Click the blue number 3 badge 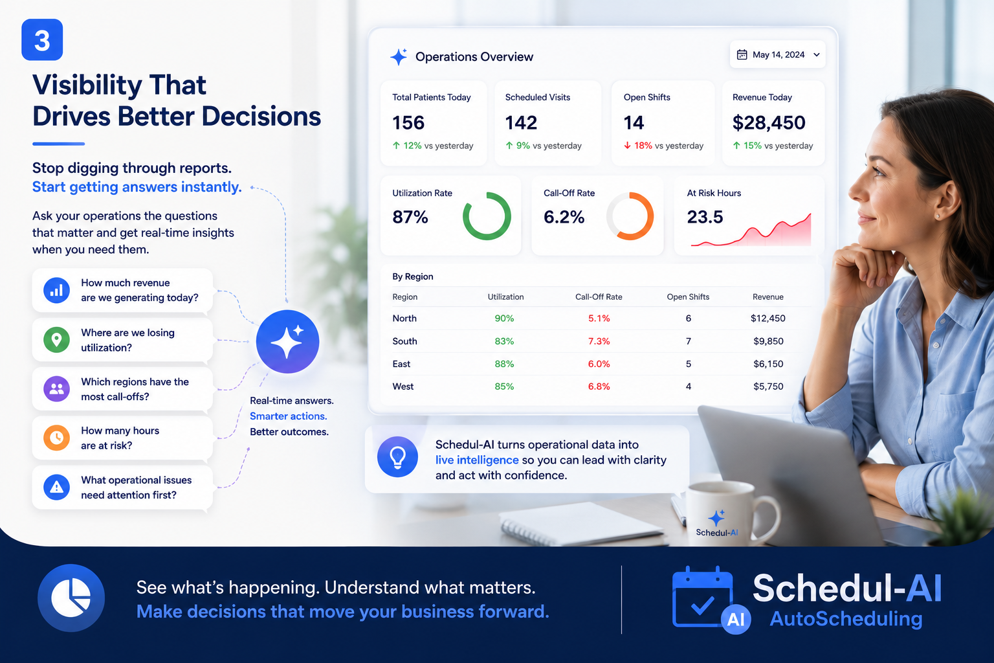[42, 39]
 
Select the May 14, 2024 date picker [777, 54]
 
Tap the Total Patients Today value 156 [408, 122]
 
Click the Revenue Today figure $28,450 [769, 122]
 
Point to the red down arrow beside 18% [627, 146]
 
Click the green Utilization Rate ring [487, 216]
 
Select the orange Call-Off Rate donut [630, 216]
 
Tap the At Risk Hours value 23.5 [705, 217]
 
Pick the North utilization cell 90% [504, 319]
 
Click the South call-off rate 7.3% [599, 341]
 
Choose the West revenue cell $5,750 [768, 387]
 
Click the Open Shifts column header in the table [688, 297]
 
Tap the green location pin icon [56, 340]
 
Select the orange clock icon [56, 438]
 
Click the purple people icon [56, 389]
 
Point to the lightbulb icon [397, 457]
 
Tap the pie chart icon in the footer [71, 598]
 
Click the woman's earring [938, 216]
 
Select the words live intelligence [476, 460]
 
